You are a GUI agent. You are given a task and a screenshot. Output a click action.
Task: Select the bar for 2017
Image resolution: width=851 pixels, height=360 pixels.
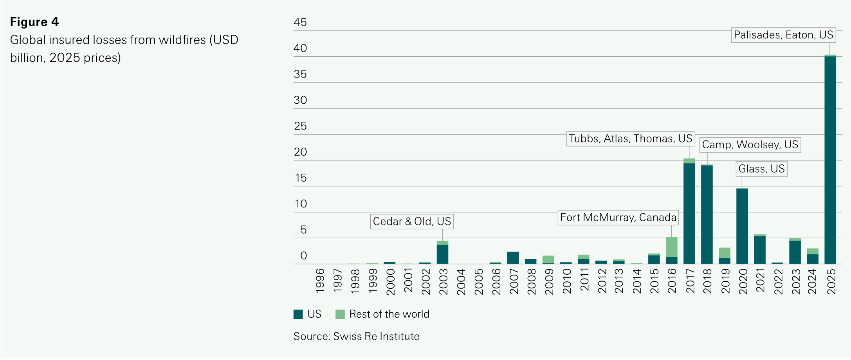pos(689,213)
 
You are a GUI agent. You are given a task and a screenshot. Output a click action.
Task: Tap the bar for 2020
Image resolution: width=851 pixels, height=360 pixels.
pos(742,226)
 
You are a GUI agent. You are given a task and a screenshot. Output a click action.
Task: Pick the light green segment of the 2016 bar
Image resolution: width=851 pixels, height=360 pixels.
pos(671,247)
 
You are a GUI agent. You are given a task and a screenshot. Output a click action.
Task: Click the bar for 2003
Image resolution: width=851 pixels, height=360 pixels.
pos(442,254)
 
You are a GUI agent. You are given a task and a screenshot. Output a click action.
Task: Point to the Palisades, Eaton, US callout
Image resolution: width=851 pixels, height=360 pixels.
pos(783,35)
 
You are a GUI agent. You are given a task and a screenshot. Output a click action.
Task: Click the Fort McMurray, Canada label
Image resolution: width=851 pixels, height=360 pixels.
pos(618,218)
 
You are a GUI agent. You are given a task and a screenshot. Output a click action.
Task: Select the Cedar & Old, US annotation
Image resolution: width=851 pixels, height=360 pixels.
pos(412,221)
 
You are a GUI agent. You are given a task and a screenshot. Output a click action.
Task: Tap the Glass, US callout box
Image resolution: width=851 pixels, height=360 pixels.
pos(761,169)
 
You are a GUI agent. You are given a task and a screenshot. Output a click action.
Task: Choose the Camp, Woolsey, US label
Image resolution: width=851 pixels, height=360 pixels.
pos(750,145)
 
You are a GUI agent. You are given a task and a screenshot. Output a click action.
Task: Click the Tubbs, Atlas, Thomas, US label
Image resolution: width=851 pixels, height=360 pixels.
pos(630,139)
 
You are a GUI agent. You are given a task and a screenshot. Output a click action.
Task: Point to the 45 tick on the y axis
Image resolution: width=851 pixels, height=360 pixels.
pos(300,23)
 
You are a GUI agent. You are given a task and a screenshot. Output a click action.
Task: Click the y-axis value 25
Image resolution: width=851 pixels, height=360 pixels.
pos(300,126)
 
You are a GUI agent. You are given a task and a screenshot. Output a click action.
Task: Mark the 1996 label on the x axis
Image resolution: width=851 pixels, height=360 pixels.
pos(320,281)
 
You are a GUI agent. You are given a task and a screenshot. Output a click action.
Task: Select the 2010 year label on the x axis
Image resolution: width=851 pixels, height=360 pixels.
pos(567,281)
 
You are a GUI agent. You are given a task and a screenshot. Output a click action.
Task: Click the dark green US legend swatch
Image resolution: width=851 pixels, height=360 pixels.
pos(298,314)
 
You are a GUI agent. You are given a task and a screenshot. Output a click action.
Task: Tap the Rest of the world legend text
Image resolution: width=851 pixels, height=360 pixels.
pos(389,314)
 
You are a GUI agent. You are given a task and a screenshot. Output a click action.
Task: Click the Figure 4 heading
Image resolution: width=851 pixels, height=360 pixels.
pos(34,22)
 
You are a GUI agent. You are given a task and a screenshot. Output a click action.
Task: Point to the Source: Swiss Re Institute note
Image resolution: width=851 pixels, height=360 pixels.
pos(356,337)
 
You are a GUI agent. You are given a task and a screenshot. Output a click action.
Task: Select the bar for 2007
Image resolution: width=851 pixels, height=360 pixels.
pos(513,258)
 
